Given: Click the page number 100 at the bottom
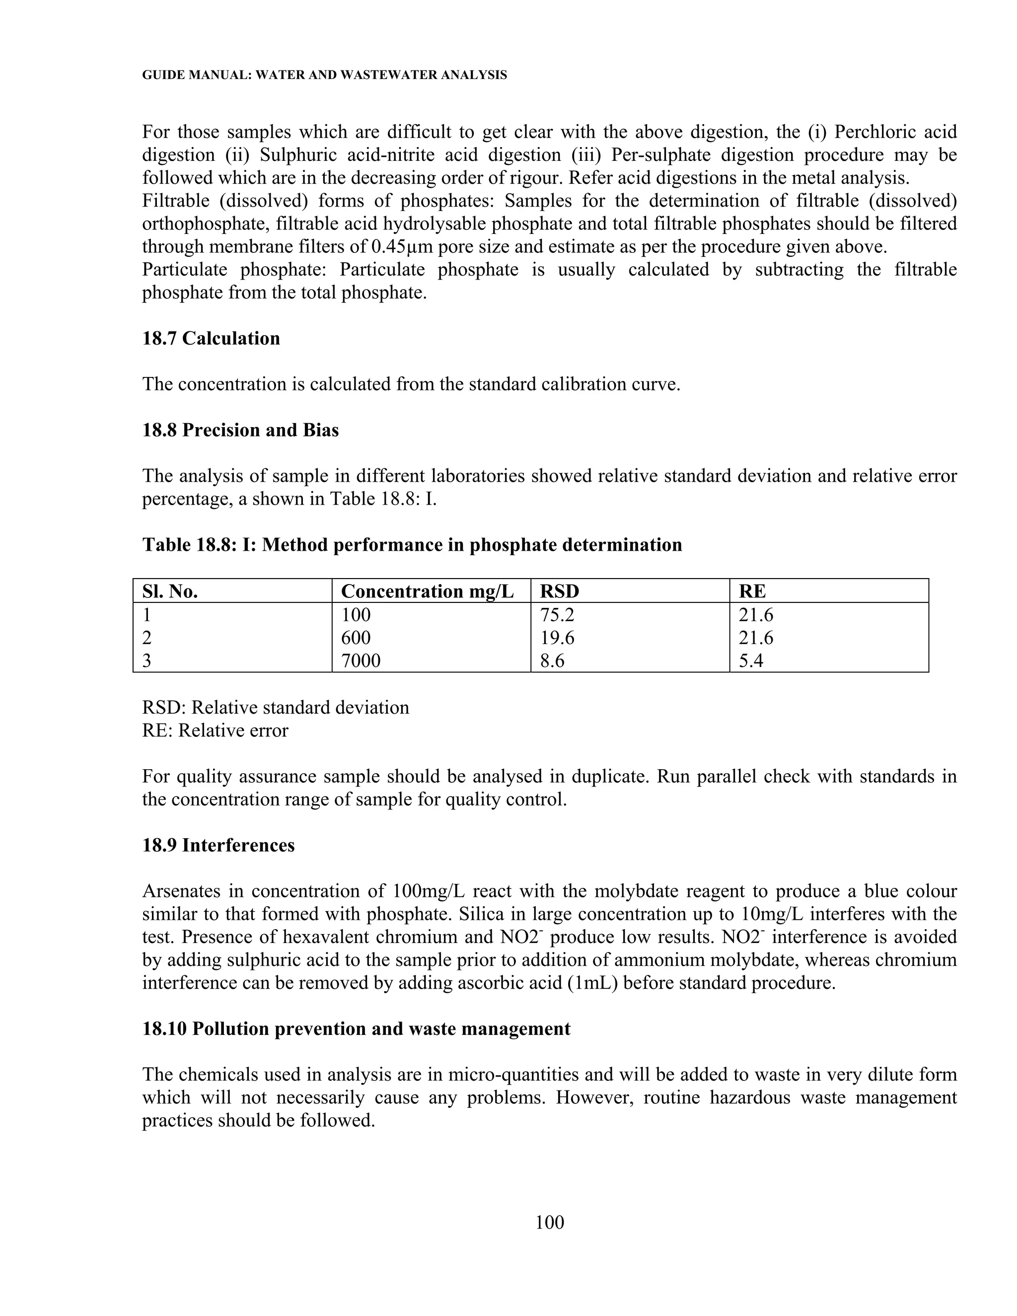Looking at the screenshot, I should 550,1222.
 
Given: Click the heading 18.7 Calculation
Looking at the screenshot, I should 211,338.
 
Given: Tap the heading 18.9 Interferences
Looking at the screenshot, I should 218,845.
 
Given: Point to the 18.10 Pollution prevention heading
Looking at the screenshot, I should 356,1028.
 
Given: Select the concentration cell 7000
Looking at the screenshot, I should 361,661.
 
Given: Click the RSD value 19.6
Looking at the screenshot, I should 557,638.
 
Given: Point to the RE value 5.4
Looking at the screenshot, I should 751,661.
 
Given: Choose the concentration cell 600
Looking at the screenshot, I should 356,638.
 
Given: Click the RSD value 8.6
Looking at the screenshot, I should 553,661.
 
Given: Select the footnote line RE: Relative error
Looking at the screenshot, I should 215,731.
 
